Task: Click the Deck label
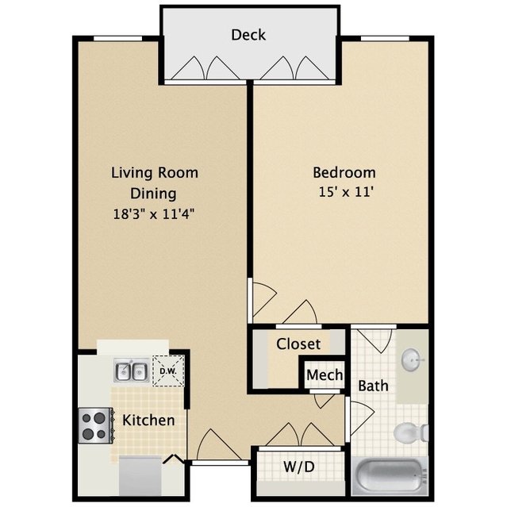248,35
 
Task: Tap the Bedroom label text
344,172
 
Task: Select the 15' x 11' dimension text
346,192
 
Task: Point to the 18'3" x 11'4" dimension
154,213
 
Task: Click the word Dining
154,194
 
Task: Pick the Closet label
298,344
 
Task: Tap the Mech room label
325,375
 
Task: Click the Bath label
373,386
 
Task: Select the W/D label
299,467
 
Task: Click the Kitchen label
148,420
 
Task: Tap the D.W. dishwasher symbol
168,371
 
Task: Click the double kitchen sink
131,371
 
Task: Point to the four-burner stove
96,425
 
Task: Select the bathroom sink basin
412,359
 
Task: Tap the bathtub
390,475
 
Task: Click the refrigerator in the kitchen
140,475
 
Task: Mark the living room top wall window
117,38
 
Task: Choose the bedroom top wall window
385,38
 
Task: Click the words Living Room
155,173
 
